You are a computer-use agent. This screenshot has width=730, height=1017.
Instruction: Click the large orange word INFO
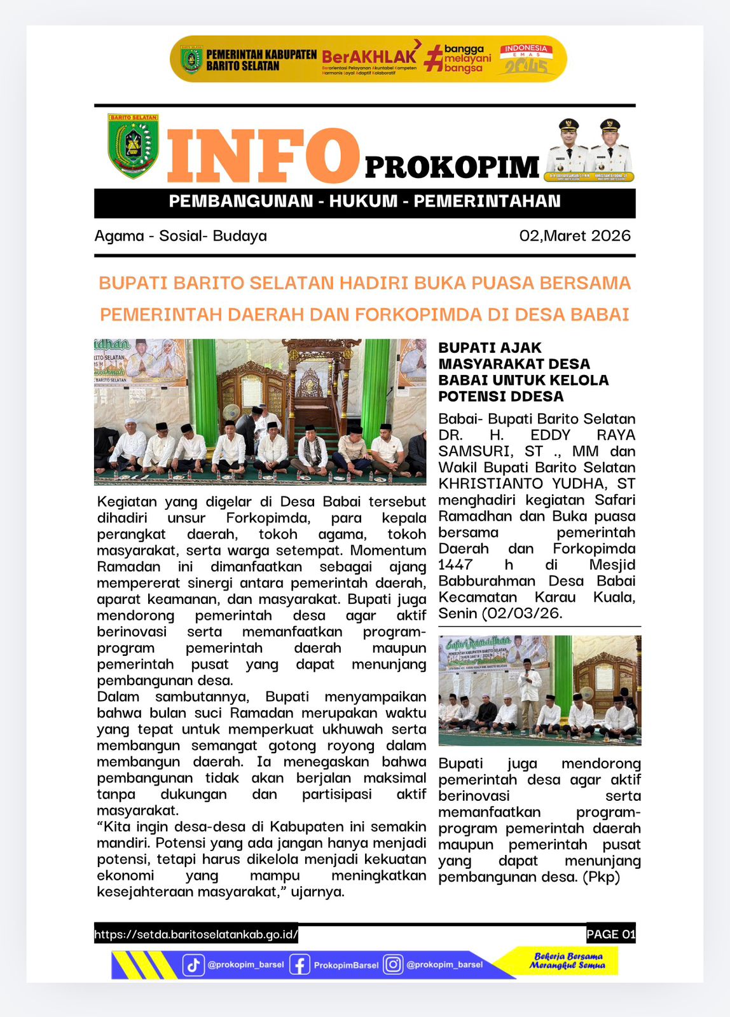[x=263, y=156]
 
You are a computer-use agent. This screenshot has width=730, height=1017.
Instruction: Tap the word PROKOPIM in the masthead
[x=452, y=167]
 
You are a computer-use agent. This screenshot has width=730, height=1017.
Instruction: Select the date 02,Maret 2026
[x=575, y=236]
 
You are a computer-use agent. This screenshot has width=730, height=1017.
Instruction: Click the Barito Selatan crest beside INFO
[x=133, y=146]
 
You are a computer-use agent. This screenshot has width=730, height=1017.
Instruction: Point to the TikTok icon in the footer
[x=193, y=964]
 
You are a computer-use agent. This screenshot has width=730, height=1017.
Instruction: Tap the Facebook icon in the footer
[x=300, y=964]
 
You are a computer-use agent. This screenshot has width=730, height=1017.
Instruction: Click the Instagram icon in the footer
[x=393, y=964]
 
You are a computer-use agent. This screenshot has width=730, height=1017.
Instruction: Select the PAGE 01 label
[x=610, y=934]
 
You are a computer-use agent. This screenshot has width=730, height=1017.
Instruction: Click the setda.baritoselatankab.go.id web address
[x=196, y=934]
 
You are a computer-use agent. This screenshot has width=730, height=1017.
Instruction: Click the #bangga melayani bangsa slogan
[x=459, y=58]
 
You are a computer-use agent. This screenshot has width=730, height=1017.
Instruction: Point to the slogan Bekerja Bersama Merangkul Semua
[x=568, y=960]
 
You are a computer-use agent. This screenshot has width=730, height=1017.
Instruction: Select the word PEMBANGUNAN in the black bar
[x=241, y=201]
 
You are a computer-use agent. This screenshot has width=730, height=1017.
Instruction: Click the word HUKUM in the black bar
[x=363, y=201]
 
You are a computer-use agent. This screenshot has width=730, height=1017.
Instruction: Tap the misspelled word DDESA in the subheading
[x=535, y=397]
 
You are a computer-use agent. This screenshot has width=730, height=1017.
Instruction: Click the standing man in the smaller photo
[x=527, y=686]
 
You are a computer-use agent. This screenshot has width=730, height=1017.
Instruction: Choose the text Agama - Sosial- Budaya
[x=181, y=236]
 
